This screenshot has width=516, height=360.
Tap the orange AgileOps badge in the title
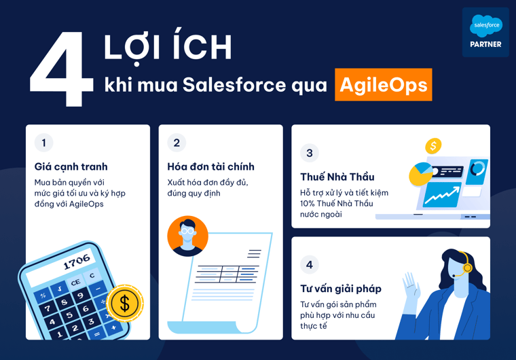[383, 84]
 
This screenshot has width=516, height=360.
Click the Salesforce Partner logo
[485, 32]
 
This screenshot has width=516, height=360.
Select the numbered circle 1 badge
[44, 143]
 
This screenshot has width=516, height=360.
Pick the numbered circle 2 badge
[177, 143]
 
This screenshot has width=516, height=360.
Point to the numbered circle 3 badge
[310, 153]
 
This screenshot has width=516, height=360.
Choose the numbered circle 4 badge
[310, 265]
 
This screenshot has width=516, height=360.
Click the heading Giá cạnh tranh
[71, 166]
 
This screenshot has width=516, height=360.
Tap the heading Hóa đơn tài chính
[211, 166]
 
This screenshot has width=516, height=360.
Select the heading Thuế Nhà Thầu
[337, 177]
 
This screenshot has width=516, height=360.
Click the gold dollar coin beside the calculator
[124, 304]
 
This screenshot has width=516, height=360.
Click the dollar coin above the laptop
[432, 145]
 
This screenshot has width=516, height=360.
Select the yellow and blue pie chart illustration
[420, 175]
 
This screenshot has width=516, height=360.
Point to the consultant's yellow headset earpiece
[467, 268]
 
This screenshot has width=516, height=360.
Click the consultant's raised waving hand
[409, 285]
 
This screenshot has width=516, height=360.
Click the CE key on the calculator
[75, 282]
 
